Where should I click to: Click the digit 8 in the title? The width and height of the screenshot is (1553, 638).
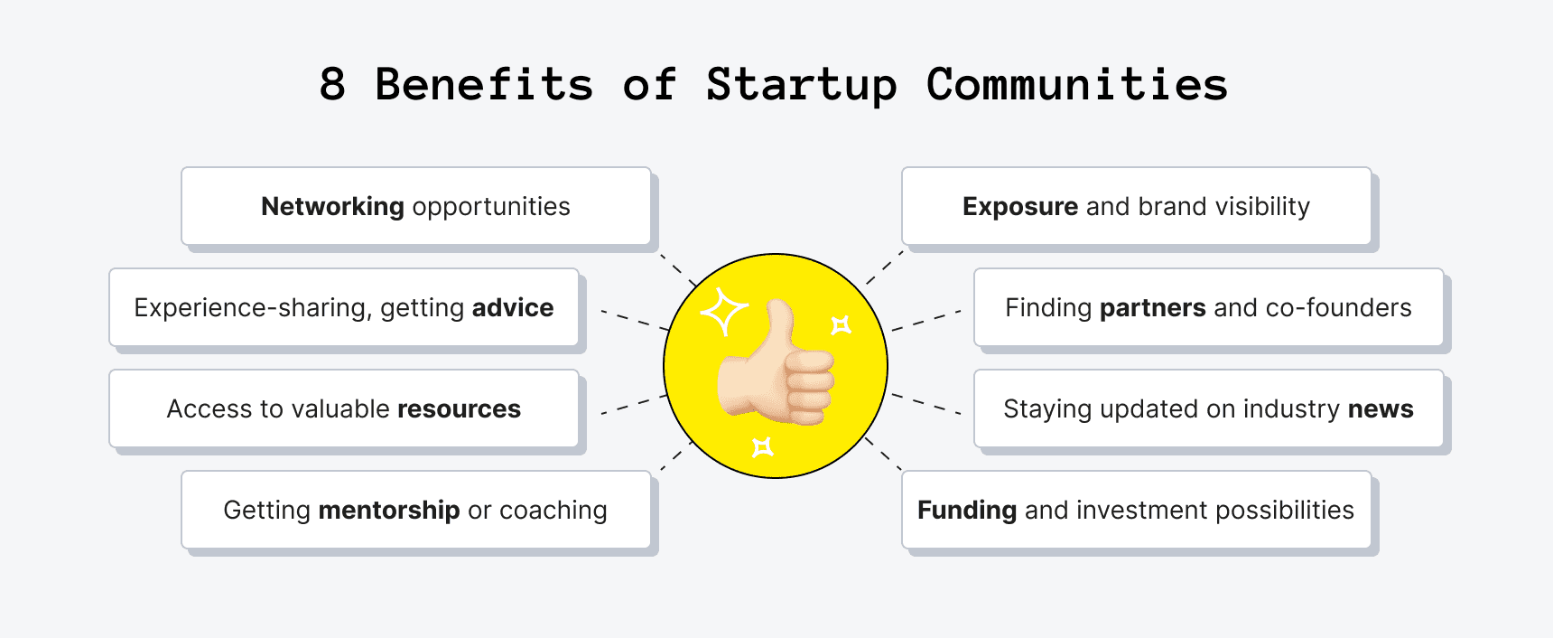(x=332, y=85)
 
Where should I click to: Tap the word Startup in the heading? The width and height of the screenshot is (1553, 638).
(x=802, y=86)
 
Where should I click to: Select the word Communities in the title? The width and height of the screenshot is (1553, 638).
(x=1076, y=85)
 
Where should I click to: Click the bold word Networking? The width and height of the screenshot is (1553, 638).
(x=332, y=207)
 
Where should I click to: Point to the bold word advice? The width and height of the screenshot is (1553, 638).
(x=512, y=308)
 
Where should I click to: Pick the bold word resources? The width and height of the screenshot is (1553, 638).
(x=459, y=409)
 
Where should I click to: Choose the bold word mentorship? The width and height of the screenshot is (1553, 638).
(x=389, y=511)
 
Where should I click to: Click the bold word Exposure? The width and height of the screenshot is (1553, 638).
(x=1020, y=207)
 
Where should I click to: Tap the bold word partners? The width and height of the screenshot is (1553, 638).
(x=1152, y=308)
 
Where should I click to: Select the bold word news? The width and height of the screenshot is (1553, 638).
(x=1381, y=409)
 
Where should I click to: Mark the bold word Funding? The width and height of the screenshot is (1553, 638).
(x=967, y=511)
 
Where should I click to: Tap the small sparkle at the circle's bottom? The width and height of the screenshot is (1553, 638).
(x=763, y=446)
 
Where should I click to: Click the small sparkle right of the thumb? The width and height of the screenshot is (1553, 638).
(x=841, y=324)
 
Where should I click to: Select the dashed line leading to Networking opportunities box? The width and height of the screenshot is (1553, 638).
(x=677, y=269)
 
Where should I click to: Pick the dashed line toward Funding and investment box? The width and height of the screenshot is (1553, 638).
(x=883, y=454)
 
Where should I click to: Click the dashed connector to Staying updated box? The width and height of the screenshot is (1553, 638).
(x=925, y=404)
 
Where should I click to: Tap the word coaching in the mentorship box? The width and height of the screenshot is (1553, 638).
(x=553, y=511)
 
